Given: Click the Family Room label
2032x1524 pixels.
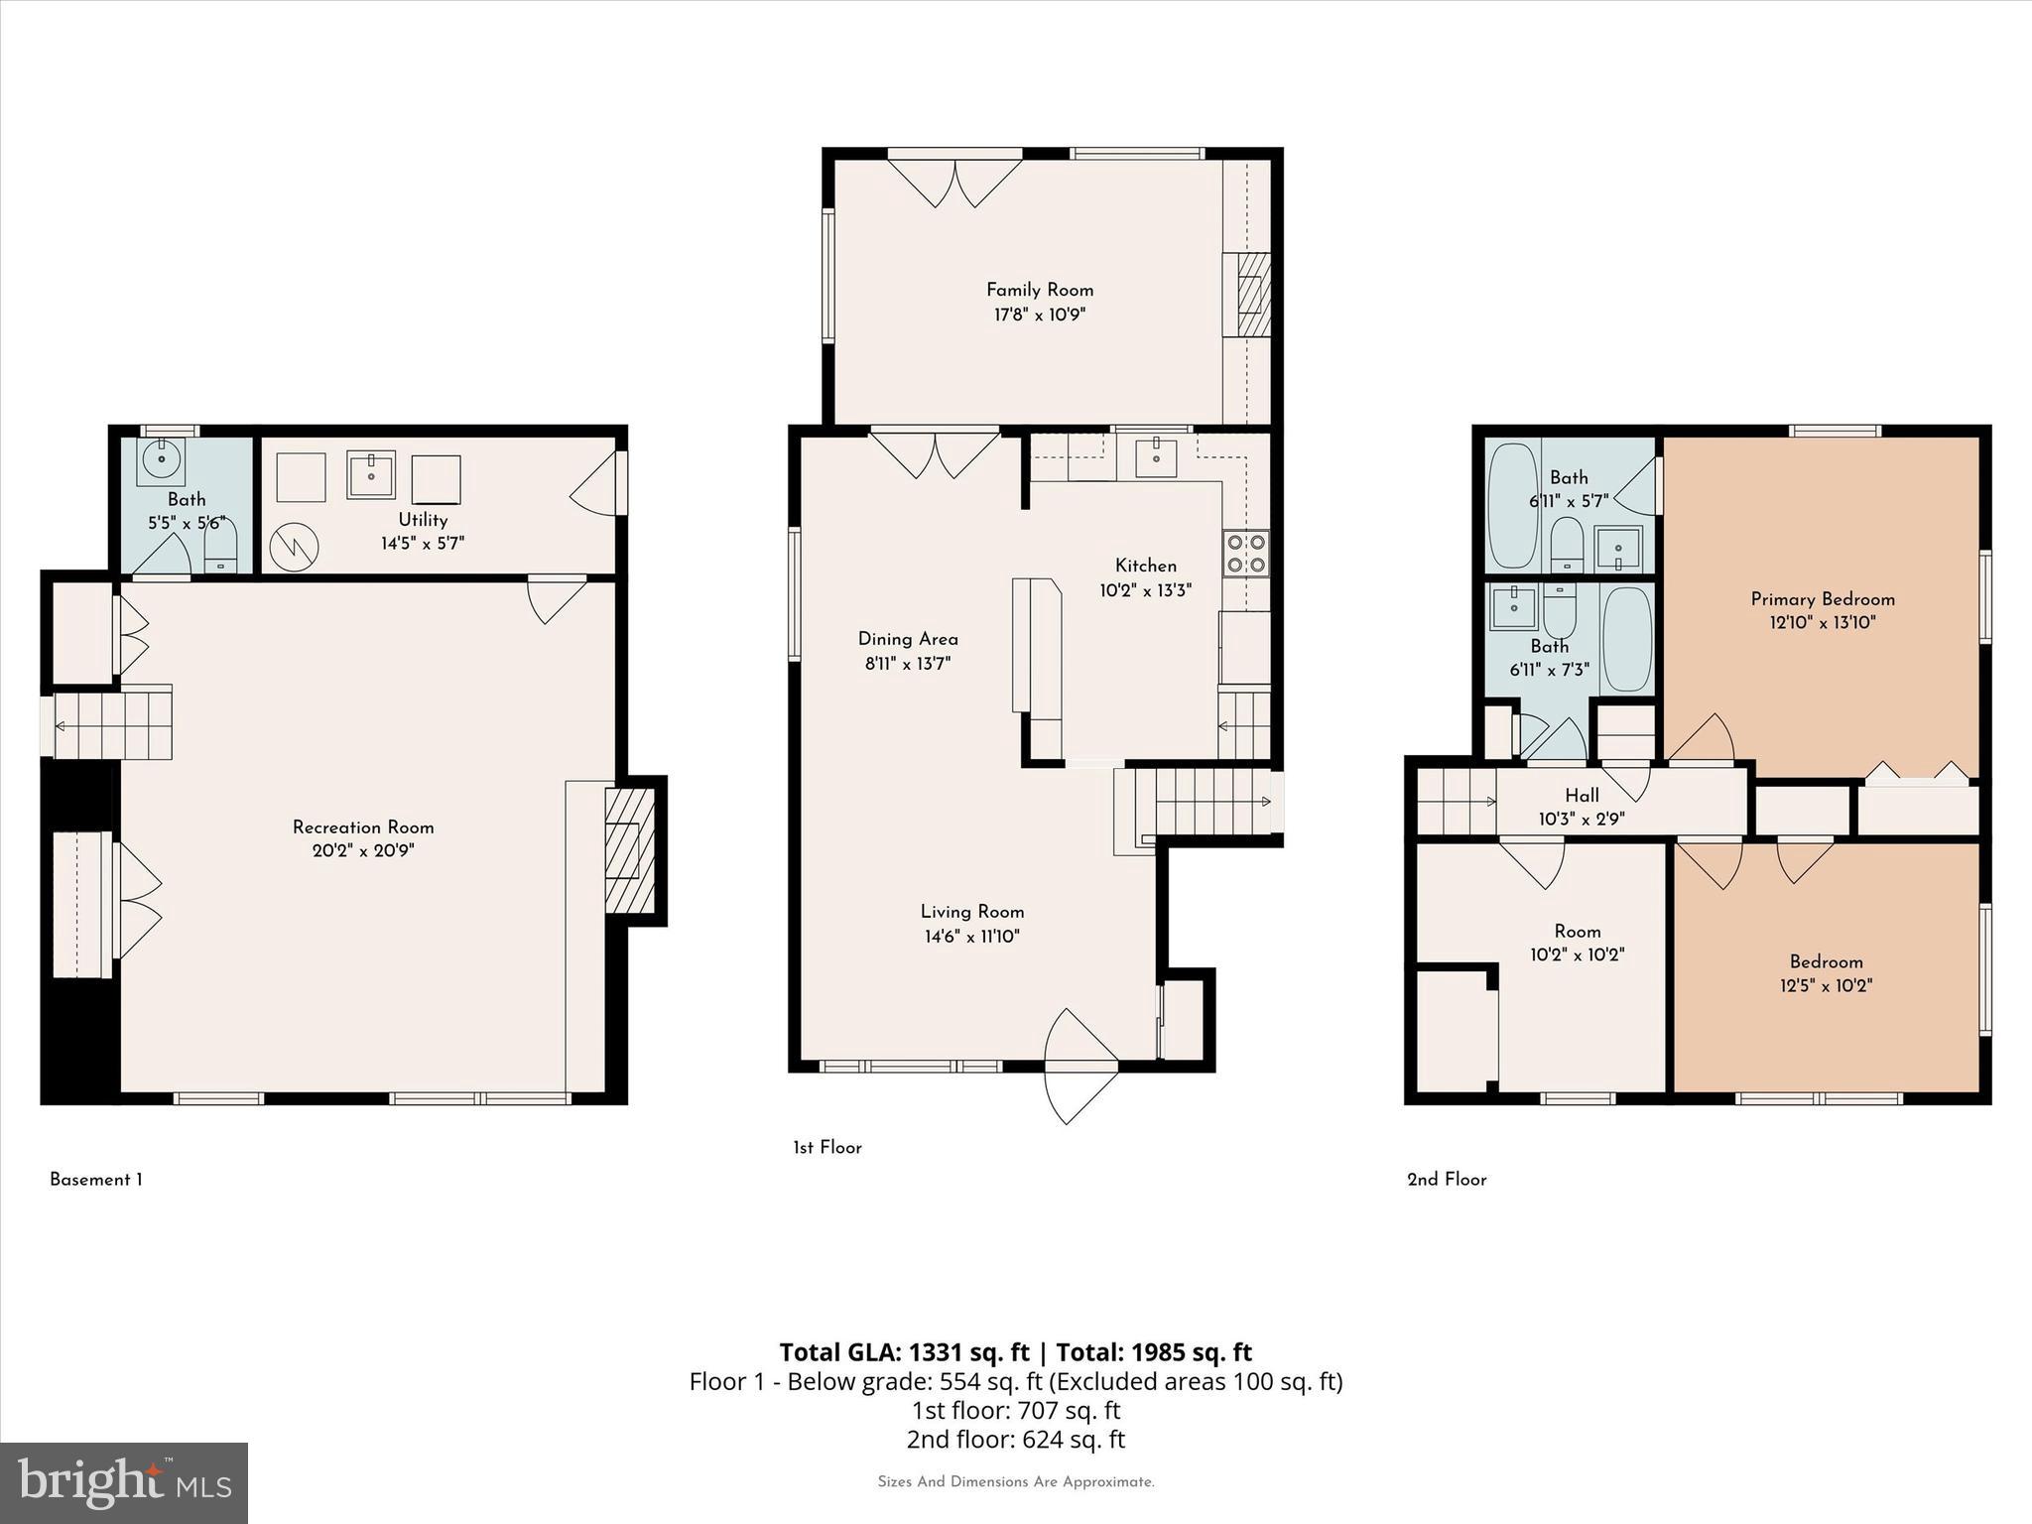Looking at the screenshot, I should [x=1039, y=290].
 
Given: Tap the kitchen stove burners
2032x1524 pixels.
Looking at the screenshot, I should [x=1246, y=554].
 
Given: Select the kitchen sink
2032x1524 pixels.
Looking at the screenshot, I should [x=1156, y=457].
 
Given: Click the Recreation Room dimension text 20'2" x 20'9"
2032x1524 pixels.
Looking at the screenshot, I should [x=363, y=850].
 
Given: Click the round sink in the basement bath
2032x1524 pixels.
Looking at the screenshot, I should [x=162, y=460].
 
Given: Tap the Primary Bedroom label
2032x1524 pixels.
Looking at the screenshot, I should [x=1823, y=598].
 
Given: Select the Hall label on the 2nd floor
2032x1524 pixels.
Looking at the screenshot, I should [x=1582, y=795].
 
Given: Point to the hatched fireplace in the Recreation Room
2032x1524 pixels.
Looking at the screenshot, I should [x=629, y=850].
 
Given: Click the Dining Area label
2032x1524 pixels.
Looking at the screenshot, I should [x=908, y=639].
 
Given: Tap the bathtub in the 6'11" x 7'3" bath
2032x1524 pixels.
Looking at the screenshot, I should [x=1627, y=640].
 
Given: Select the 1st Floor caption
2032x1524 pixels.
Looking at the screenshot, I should [x=826, y=1147].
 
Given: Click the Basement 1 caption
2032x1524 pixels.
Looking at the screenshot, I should [x=96, y=1179].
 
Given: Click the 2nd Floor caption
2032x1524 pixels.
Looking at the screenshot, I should [x=1447, y=1179].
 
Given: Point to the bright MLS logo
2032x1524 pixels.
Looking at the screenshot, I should [x=124, y=1482].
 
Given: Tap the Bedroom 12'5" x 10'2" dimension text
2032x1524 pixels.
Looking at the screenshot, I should [x=1826, y=985].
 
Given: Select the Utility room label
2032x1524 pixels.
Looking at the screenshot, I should [x=423, y=519].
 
